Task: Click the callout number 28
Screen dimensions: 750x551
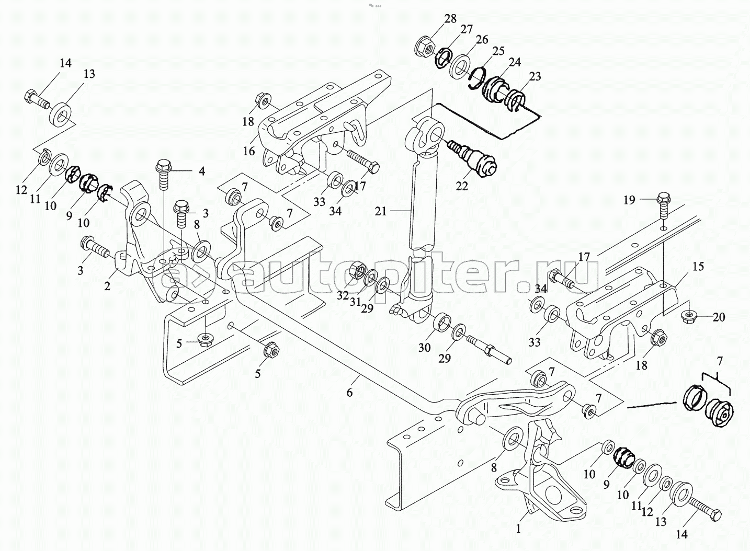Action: pos(450,19)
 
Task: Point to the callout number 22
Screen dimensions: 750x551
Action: pos(462,186)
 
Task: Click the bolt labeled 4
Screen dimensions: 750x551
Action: pos(164,177)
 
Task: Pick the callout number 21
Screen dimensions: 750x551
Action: pos(381,212)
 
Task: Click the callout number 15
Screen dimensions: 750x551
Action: pos(698,267)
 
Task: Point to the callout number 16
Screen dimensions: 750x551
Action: pos(249,151)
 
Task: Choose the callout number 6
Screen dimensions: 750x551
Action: pos(349,392)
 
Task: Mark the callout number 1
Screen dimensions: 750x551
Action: pos(518,529)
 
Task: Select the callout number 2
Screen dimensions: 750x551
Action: pos(107,286)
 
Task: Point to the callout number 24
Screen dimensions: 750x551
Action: pos(515,62)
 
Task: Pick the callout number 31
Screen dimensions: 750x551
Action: pos(355,302)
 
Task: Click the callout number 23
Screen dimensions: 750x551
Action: pos(535,76)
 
